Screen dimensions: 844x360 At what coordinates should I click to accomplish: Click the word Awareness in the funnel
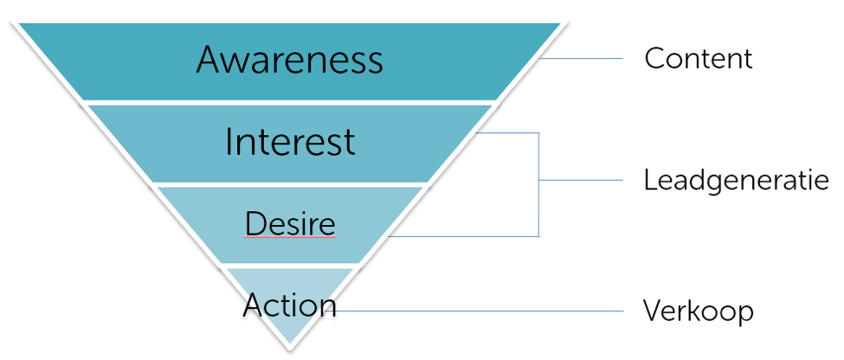point(290,59)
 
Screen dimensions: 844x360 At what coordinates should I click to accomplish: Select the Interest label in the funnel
point(290,142)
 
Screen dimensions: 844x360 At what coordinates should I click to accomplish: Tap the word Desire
point(290,222)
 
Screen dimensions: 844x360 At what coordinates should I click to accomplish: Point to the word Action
point(290,305)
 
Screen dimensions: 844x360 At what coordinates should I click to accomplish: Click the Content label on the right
point(698,58)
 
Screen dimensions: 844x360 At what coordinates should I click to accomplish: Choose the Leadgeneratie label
point(736,180)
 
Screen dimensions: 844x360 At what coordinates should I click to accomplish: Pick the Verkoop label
point(698,311)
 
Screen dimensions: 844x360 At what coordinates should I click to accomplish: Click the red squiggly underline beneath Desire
point(290,236)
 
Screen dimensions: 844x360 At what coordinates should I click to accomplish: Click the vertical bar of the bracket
point(538,184)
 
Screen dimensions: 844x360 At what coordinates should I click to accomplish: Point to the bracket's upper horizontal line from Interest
point(507,133)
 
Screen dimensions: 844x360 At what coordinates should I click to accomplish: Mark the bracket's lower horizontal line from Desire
point(463,236)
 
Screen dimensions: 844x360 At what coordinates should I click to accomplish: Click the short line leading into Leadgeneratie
point(581,180)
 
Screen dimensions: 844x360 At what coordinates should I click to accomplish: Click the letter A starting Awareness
point(209,60)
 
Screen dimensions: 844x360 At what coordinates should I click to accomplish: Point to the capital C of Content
point(654,58)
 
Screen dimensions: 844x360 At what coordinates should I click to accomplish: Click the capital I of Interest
point(229,142)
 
